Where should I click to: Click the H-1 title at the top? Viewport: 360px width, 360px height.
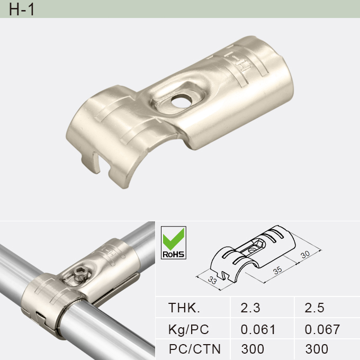click(22, 10)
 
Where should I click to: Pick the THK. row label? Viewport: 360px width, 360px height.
click(184, 308)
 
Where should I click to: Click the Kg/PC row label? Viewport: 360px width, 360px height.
click(188, 329)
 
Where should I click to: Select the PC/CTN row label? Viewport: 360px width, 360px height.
click(194, 349)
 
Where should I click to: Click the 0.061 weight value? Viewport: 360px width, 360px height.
click(258, 329)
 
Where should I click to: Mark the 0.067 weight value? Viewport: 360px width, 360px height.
click(322, 329)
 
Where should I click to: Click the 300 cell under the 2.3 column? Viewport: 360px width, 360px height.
click(253, 349)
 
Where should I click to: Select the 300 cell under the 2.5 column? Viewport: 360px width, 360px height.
click(317, 349)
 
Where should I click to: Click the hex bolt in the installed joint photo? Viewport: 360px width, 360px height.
click(79, 274)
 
